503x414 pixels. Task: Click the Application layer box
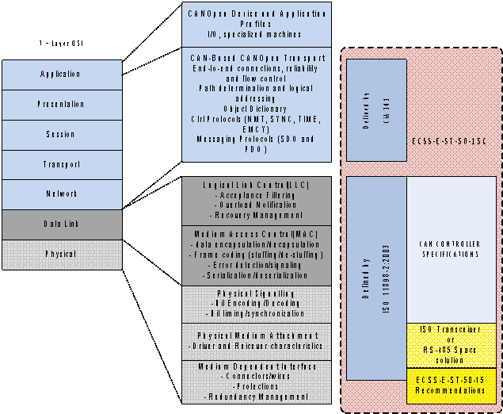coord(62,74)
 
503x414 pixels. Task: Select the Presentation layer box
coord(62,104)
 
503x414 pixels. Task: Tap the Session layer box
coord(62,134)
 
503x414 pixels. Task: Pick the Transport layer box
coord(62,164)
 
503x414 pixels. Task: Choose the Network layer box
coord(62,194)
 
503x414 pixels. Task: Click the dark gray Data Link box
coord(62,224)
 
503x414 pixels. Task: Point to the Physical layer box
coord(62,255)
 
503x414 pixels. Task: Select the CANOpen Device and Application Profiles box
coord(257,24)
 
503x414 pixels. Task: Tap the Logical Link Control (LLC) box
coord(257,200)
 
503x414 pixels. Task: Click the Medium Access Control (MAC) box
coord(257,255)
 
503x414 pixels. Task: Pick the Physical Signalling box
coord(257,304)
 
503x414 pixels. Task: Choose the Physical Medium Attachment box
coord(257,341)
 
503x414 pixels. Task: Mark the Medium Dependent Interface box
coord(257,381)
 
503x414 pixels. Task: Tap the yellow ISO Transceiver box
coord(452,345)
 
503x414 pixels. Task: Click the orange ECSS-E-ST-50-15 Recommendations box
coord(452,385)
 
